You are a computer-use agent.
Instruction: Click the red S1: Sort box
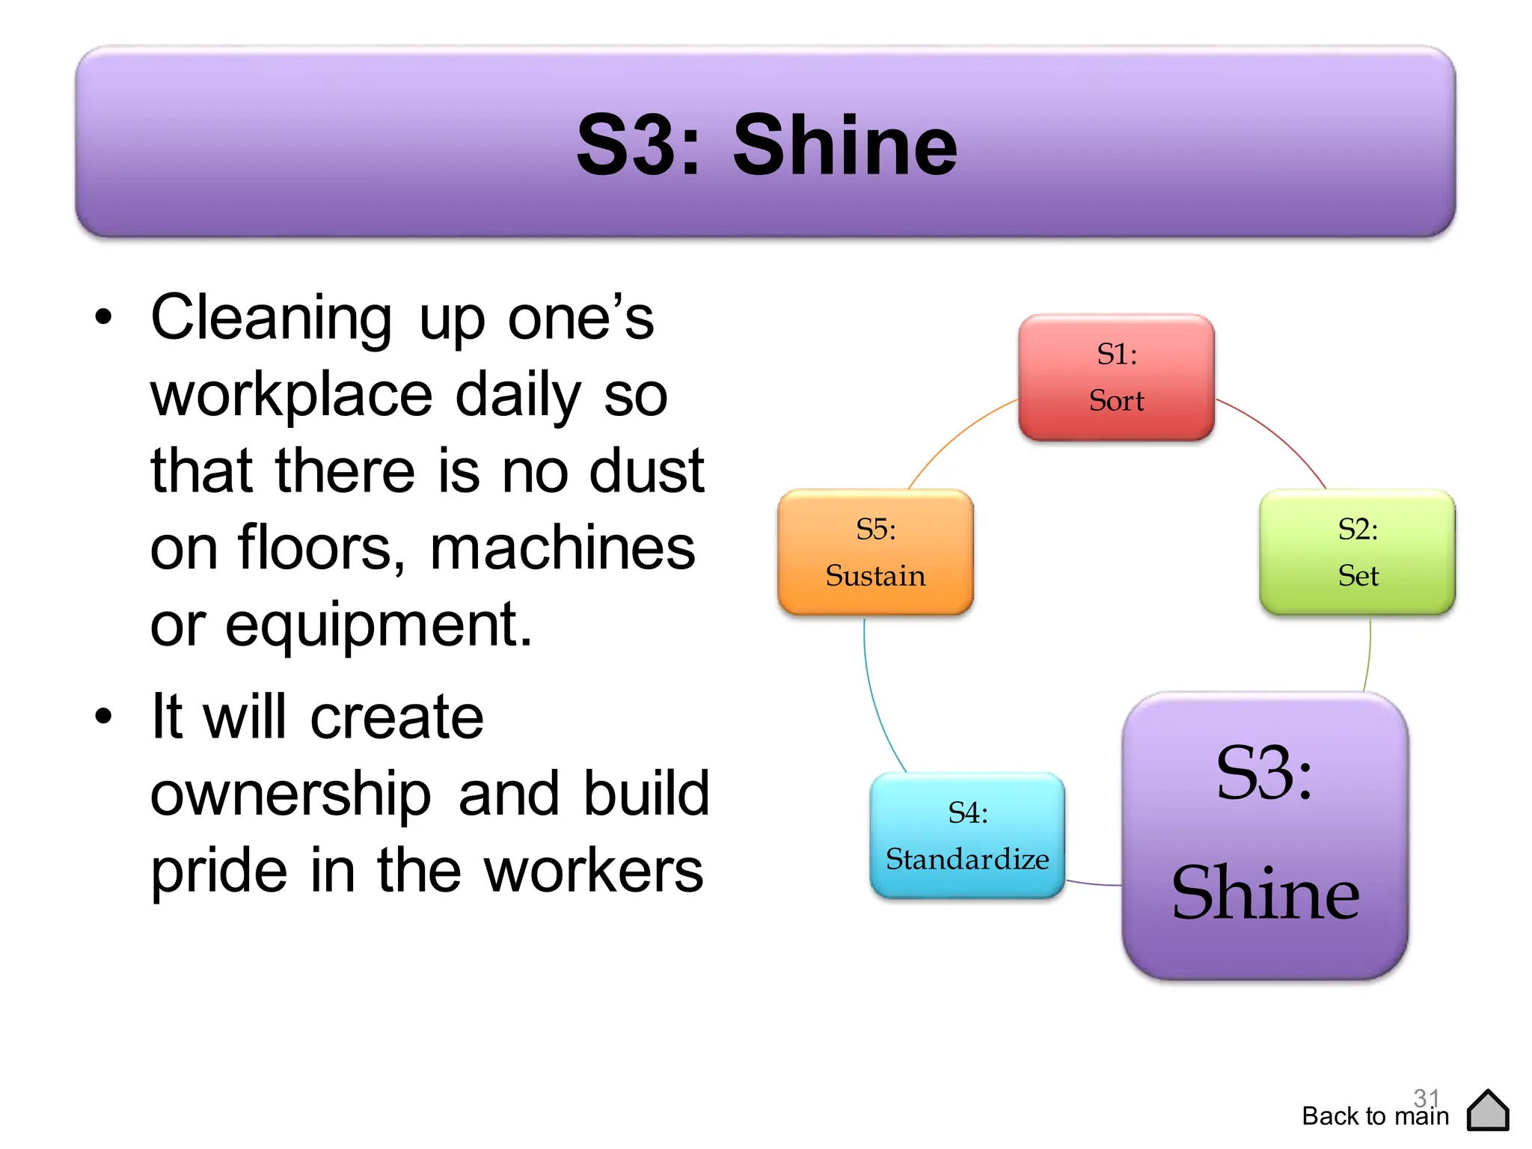(x=1116, y=377)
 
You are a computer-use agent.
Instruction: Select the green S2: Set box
(x=1357, y=552)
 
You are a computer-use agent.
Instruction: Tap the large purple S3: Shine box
(x=1265, y=835)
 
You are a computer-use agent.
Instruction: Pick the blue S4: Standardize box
(x=967, y=836)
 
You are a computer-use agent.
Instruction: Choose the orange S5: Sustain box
(x=875, y=552)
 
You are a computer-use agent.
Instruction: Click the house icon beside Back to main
(x=1488, y=1111)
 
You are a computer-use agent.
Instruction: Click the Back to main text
(x=1375, y=1117)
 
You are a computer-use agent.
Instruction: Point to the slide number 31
(x=1426, y=1097)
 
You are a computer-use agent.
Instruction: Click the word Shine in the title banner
(x=845, y=146)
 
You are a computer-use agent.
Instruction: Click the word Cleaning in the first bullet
(x=271, y=318)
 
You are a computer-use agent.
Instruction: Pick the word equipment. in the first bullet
(x=341, y=625)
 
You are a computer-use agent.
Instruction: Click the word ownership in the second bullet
(x=290, y=794)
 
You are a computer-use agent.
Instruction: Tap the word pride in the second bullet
(x=218, y=871)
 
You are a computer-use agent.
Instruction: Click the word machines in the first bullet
(x=563, y=548)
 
